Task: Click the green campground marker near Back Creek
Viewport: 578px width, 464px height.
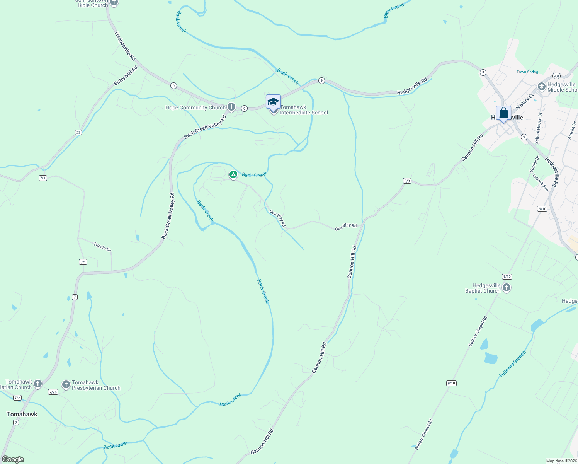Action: point(233,175)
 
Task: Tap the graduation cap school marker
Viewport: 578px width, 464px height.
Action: point(273,102)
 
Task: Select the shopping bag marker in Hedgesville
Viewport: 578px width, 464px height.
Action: point(503,114)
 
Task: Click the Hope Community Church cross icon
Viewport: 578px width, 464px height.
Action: point(231,107)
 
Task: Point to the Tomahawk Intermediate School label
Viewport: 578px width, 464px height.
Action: point(304,110)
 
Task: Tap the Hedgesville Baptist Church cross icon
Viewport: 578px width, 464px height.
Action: point(507,288)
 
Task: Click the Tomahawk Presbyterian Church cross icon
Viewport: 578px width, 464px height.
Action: point(66,385)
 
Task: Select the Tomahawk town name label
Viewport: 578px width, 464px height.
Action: point(22,414)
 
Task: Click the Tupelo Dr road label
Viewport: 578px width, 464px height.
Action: point(102,247)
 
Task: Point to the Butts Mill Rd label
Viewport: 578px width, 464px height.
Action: point(126,76)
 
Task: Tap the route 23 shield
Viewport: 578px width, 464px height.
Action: point(78,132)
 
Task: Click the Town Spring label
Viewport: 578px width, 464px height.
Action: point(527,72)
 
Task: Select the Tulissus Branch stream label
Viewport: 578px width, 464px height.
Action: point(512,364)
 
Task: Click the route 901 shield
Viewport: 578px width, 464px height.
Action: point(556,76)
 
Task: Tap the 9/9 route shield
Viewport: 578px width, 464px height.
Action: point(407,181)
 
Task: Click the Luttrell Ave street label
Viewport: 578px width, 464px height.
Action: point(541,183)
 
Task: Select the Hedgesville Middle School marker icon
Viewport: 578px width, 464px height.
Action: point(542,87)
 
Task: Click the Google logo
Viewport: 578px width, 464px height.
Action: point(13,459)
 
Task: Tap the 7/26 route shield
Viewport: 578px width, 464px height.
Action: point(53,392)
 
